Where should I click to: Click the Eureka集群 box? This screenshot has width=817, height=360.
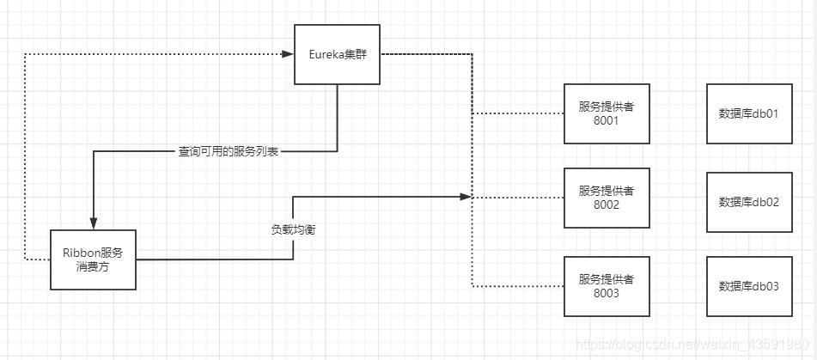[337, 54]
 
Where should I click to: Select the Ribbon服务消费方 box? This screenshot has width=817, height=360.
[93, 259]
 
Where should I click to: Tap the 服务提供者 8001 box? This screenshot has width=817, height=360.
[606, 113]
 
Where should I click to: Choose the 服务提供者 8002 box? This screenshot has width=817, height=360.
[606, 198]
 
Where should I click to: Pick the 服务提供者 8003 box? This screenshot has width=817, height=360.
[606, 286]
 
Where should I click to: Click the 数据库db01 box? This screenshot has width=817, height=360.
[748, 113]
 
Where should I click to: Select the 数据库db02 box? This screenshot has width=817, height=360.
[748, 202]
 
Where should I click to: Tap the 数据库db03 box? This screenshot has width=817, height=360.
[748, 286]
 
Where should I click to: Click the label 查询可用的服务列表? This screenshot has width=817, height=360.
[229, 152]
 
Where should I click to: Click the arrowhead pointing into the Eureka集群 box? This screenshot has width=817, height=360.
[288, 54]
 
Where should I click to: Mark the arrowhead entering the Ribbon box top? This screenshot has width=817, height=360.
[93, 224]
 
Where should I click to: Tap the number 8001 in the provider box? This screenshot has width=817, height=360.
[606, 121]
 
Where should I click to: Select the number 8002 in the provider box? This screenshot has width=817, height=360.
[606, 205]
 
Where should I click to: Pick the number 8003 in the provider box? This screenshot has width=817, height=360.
[606, 294]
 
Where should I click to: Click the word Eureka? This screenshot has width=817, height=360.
[326, 54]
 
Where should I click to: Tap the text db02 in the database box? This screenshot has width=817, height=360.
[766, 202]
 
